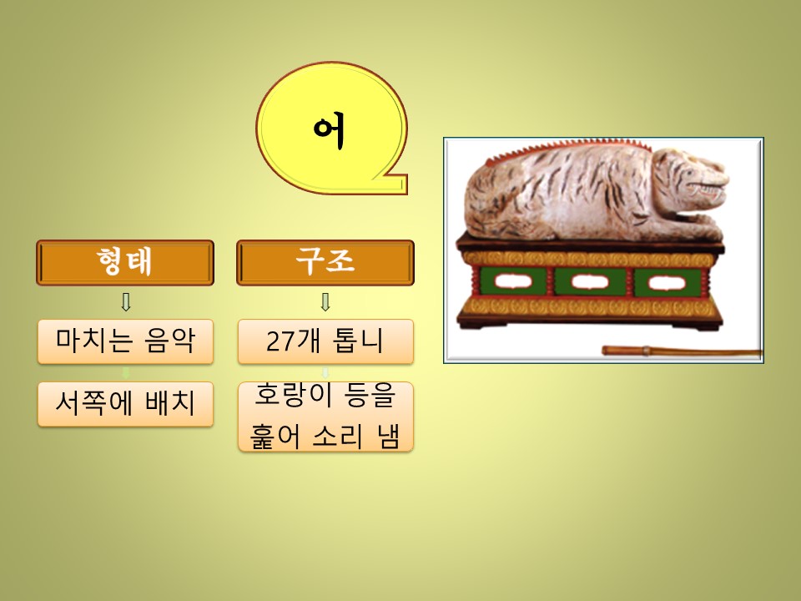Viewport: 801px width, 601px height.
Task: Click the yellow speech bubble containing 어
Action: coord(331,128)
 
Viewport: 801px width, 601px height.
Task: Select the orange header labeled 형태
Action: coord(125,263)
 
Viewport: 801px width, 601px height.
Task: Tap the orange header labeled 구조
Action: coord(325,263)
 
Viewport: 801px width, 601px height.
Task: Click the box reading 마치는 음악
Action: coord(125,341)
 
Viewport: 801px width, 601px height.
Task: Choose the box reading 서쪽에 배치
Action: coord(125,404)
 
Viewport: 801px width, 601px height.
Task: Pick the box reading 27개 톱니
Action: coord(325,341)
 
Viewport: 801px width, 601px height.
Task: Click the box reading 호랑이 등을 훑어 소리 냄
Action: coord(325,417)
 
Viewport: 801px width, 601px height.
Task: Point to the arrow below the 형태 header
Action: coord(126,302)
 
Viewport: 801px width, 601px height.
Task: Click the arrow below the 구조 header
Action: coord(325,302)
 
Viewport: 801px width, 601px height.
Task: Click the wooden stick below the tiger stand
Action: coord(682,351)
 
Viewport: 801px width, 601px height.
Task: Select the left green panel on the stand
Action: coord(513,281)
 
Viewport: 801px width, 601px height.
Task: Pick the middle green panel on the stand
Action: coord(590,282)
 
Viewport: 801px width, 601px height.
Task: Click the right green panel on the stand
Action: coord(667,283)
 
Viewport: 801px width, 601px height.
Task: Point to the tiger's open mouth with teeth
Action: coord(708,189)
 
